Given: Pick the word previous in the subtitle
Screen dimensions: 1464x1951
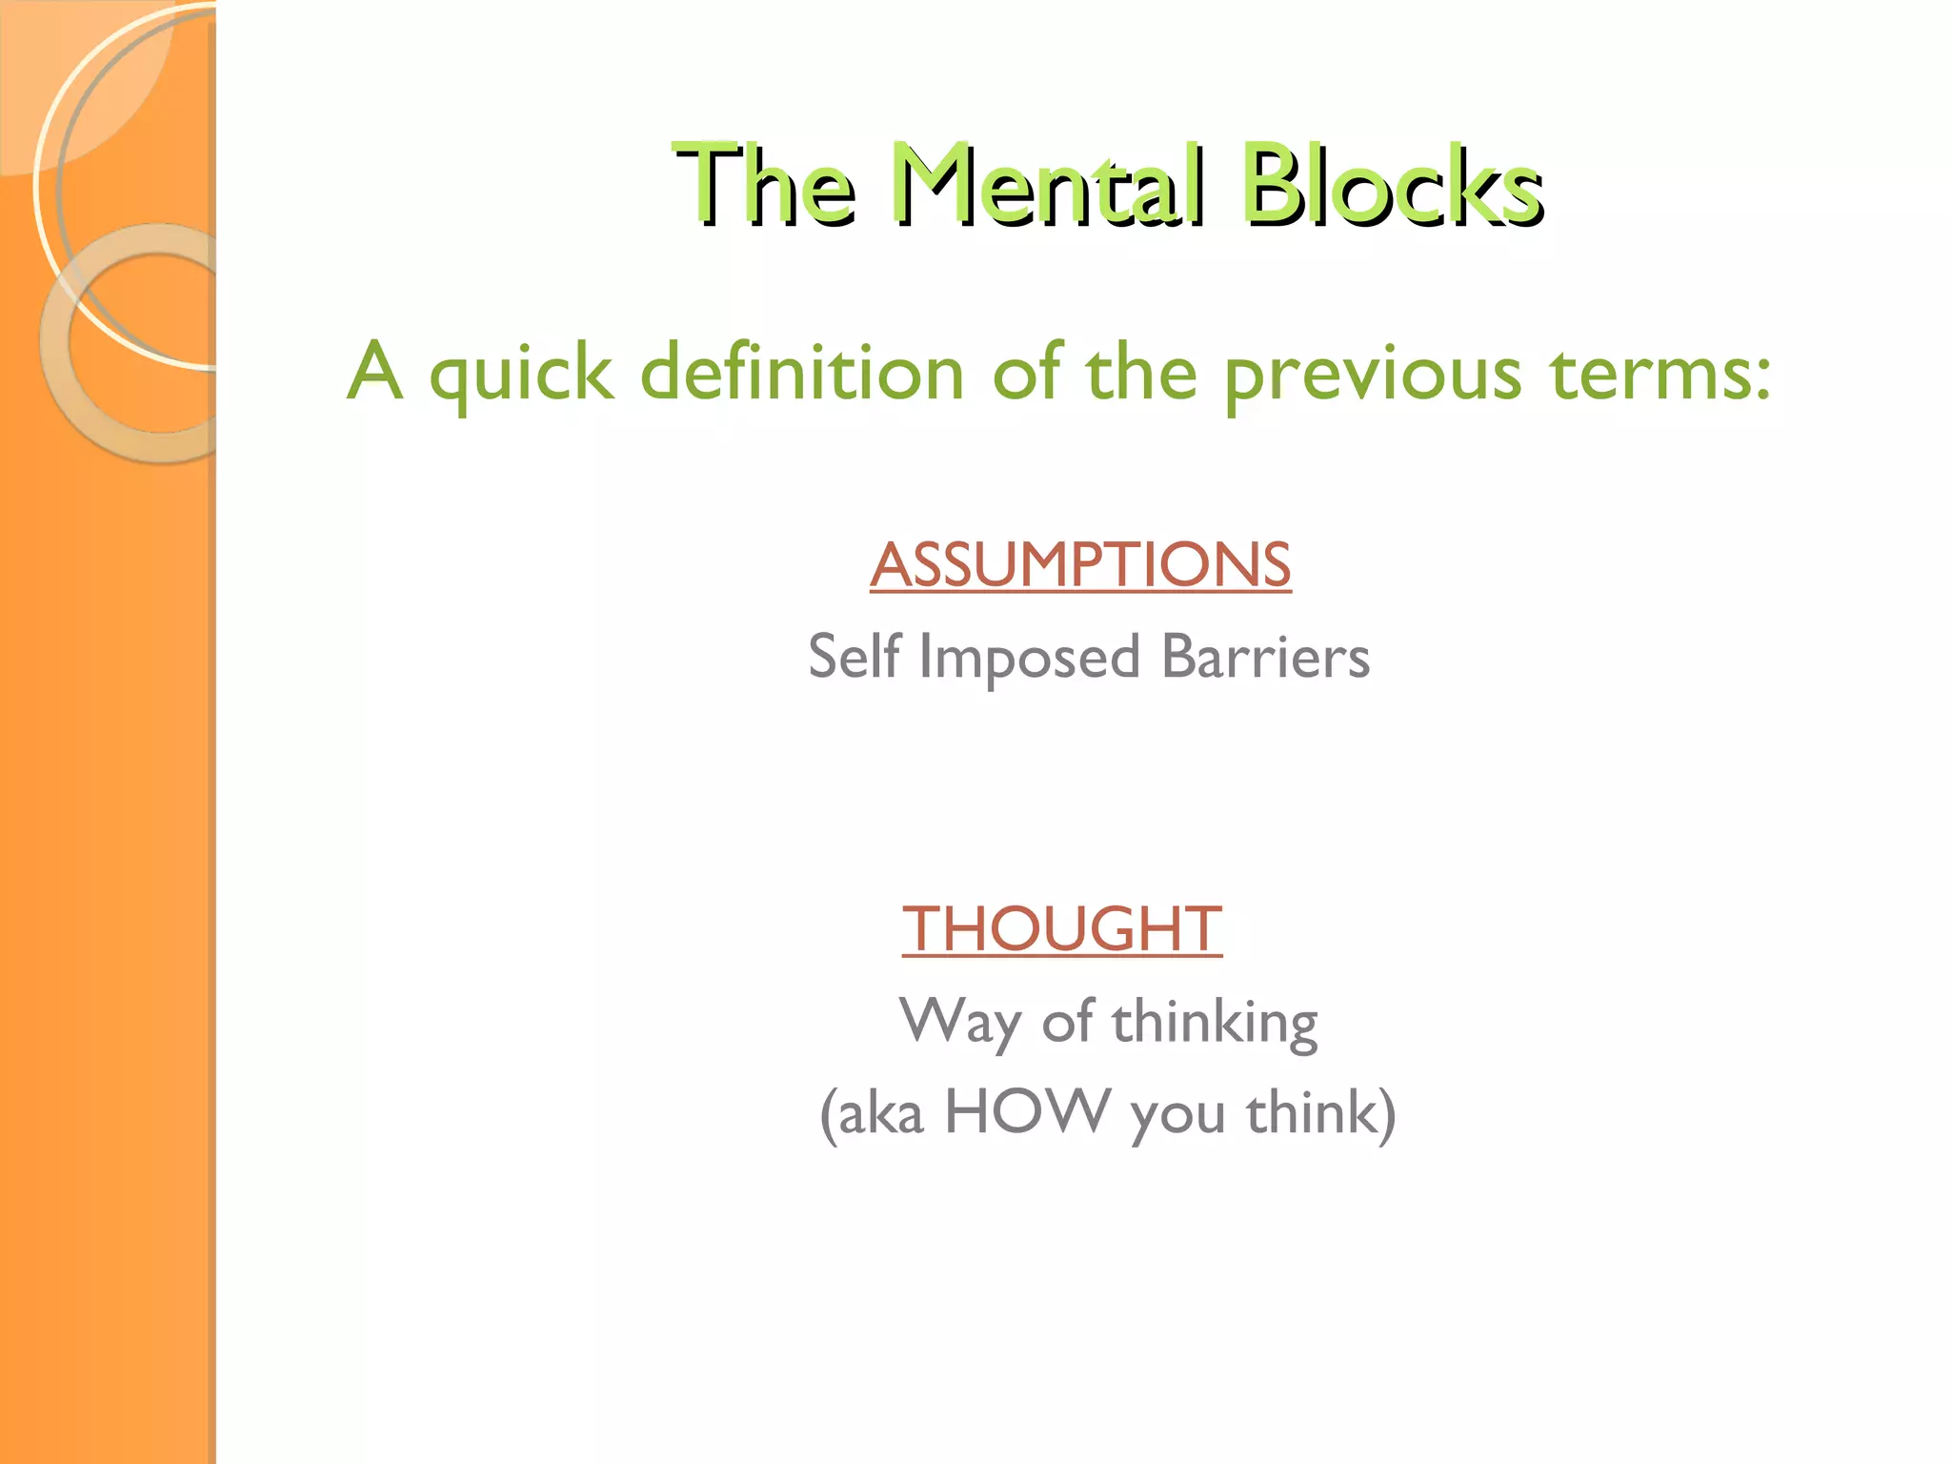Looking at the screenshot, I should point(1372,374).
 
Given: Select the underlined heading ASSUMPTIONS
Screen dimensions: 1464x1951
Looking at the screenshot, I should point(1080,564).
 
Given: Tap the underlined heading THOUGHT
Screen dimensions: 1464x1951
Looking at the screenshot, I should point(1062,928).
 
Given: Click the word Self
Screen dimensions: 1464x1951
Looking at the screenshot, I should point(854,657).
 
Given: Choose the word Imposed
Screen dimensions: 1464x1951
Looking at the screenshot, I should point(1029,659).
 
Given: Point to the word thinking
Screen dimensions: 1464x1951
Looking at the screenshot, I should point(1215,1023).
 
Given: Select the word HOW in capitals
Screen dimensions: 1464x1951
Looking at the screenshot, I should point(1028,1111).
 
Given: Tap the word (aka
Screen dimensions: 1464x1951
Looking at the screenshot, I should point(872,1113).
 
